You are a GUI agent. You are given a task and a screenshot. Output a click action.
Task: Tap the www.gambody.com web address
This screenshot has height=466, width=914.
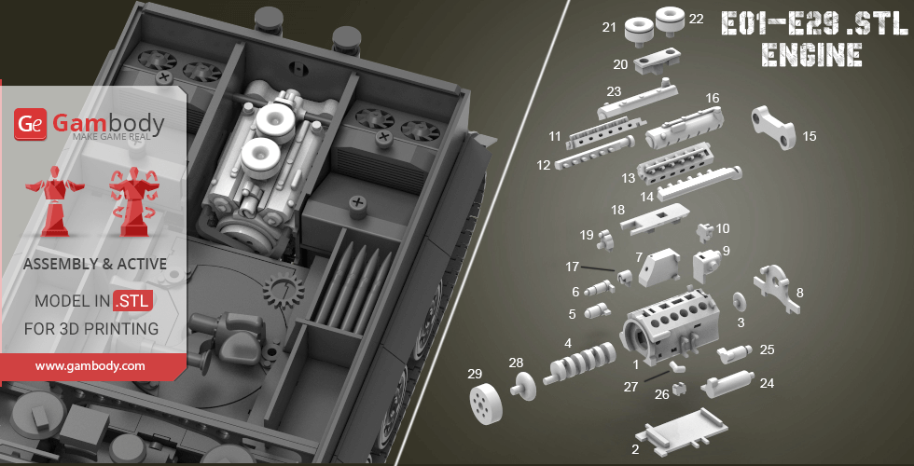tap(90, 366)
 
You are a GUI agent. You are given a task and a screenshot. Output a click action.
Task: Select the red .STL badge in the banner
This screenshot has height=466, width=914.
tap(134, 300)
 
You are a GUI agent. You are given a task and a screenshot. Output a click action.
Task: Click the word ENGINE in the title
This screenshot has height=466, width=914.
tap(811, 54)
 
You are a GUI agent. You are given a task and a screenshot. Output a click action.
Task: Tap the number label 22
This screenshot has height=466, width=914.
tap(696, 19)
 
